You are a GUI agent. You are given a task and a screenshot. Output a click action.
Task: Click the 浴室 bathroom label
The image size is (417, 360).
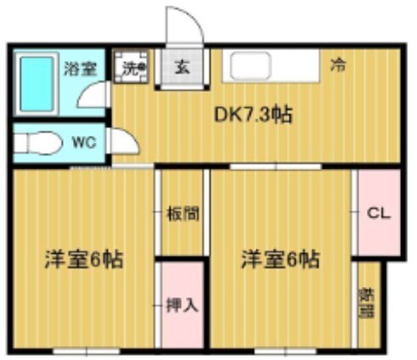coord(81,69)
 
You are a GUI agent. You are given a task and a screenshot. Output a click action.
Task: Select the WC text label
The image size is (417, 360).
coord(82,144)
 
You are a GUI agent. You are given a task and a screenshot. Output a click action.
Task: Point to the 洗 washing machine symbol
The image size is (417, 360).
coord(133,68)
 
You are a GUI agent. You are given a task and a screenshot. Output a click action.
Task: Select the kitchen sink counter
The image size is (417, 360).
coord(270,65)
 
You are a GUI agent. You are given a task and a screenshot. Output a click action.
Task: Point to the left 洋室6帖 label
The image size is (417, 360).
coord(83,259)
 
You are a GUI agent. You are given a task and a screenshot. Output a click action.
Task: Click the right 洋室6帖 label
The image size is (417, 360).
coord(279,258)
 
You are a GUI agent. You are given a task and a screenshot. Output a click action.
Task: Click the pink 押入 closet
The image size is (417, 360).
coord(182,303)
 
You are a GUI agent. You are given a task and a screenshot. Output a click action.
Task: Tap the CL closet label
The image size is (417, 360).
coord(377,213)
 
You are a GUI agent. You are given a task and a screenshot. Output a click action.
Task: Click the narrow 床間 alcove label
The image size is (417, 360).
coord(368,302)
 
